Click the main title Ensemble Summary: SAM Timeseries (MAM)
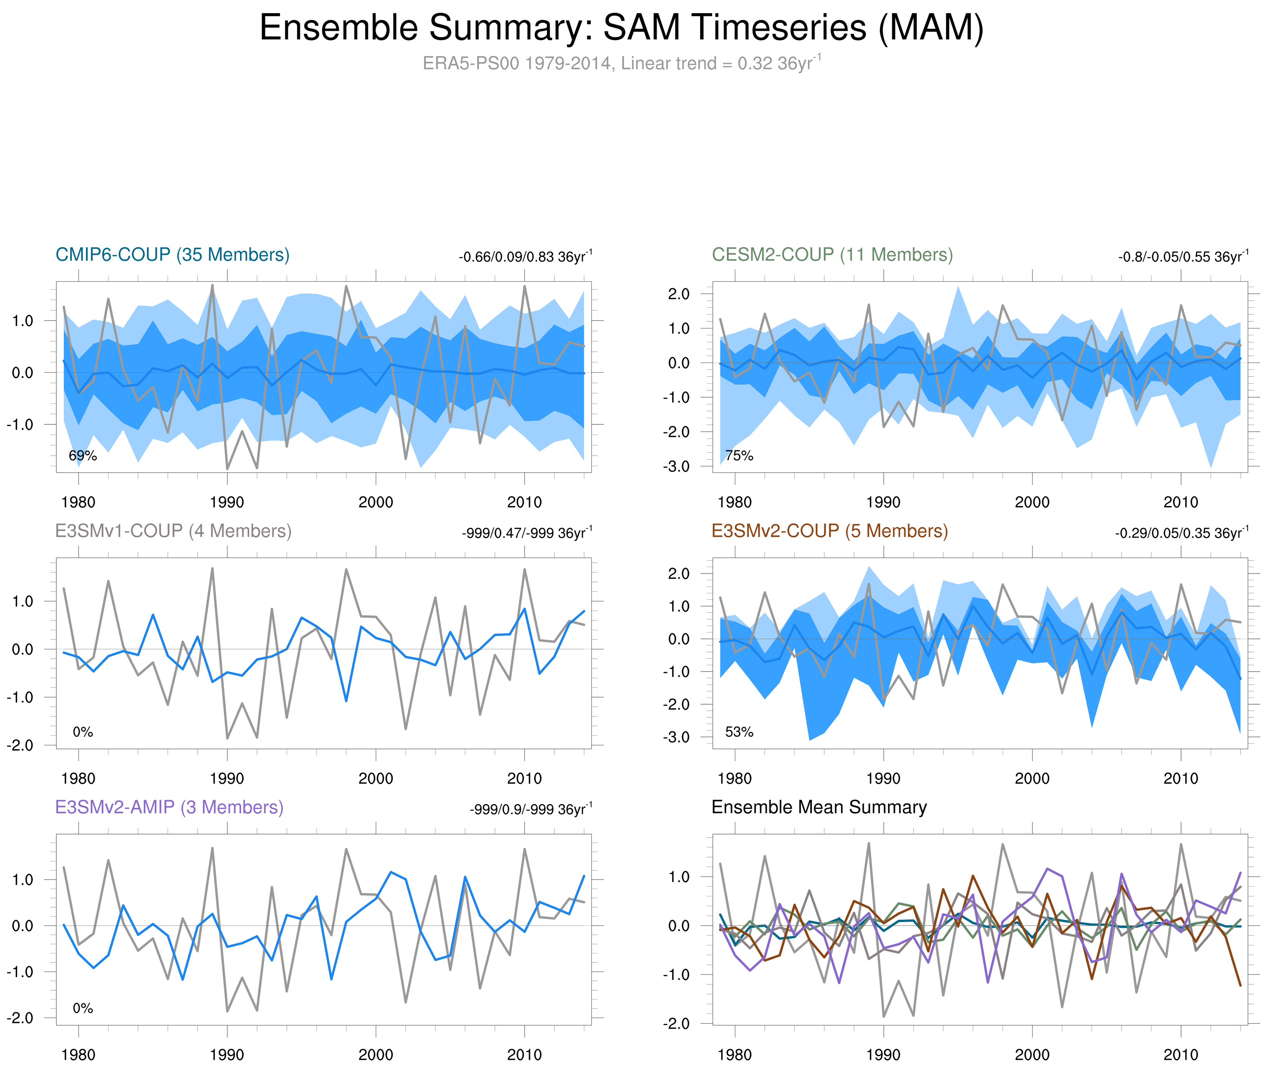pos(621,28)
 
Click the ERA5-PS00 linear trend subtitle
pos(621,63)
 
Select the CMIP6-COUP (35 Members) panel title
pos(172,255)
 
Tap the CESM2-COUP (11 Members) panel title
pos(832,255)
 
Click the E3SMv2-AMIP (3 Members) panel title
pos(169,807)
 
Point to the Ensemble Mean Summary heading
pos(819,807)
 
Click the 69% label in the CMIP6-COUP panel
pos(83,456)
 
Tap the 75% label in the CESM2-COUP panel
pos(739,456)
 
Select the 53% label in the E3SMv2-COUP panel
pos(739,732)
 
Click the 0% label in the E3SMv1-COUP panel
pos(83,732)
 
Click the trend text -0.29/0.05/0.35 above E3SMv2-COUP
pos(1181,533)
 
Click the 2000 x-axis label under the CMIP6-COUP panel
pos(375,502)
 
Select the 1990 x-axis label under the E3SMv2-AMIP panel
pos(227,1055)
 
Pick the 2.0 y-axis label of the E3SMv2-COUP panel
pos(678,573)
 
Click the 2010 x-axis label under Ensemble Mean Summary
pos(1181,1055)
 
